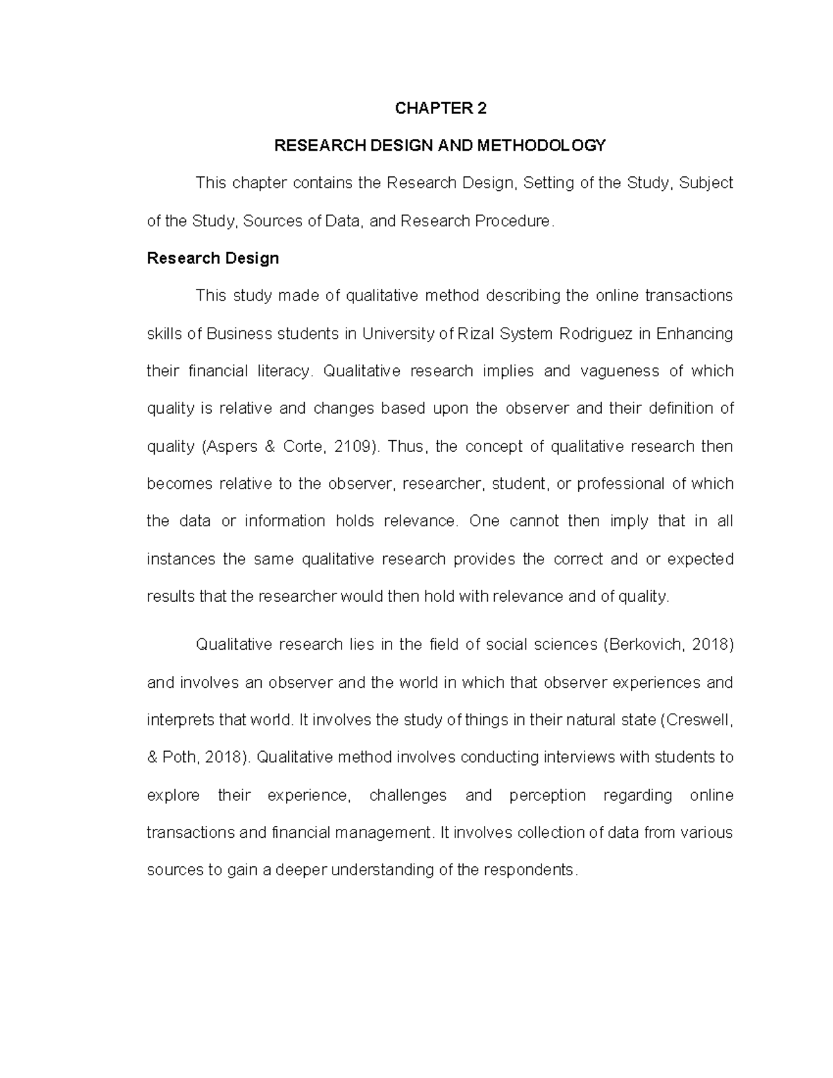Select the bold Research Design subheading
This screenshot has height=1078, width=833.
pyautogui.click(x=212, y=259)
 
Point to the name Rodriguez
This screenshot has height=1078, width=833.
pyautogui.click(x=596, y=334)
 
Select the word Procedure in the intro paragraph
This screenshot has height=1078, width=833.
pyautogui.click(x=514, y=221)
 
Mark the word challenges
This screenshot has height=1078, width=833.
pyautogui.click(x=408, y=795)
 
